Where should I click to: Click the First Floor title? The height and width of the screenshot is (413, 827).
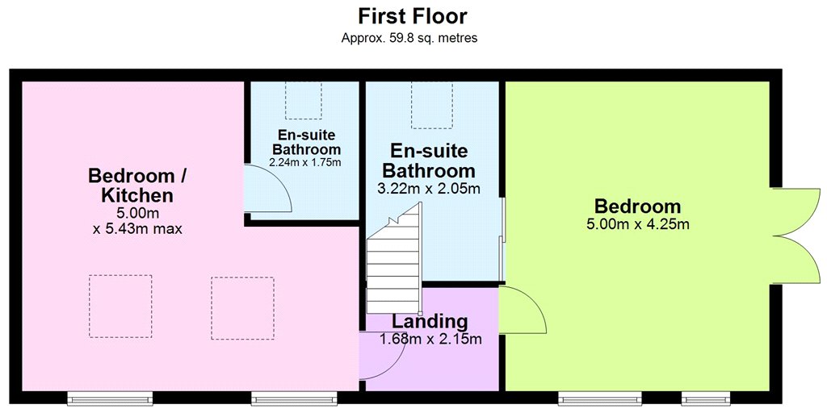tap(413, 16)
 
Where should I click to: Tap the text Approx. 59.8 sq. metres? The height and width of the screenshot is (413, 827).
tap(409, 38)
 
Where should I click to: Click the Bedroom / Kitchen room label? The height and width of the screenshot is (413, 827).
tap(137, 186)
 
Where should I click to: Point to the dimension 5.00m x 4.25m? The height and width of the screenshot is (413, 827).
tap(638, 225)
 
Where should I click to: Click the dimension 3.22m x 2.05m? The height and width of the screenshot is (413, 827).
tap(429, 189)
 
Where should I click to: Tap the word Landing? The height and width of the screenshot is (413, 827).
tap(430, 320)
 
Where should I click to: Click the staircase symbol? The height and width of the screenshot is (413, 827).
tap(394, 258)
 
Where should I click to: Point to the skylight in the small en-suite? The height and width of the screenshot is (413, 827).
tap(304, 101)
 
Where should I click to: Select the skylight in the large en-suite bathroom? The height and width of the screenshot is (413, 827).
tap(432, 106)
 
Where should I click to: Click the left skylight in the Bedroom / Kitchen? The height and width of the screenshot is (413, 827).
tap(120, 306)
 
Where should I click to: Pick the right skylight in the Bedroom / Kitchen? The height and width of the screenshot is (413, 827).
tap(242, 308)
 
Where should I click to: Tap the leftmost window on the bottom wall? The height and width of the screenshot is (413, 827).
tap(110, 398)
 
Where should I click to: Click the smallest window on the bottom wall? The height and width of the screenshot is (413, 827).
tap(706, 398)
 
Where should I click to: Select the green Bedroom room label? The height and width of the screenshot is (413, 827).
tap(638, 206)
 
